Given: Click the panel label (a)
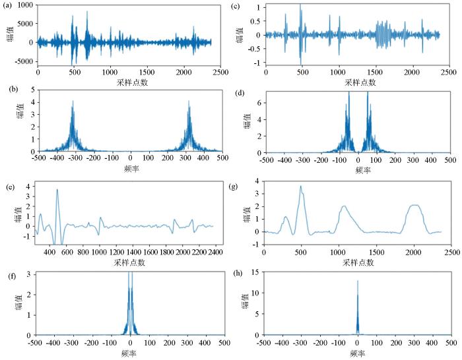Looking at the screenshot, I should tap(6, 5).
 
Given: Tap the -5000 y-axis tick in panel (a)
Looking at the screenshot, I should tap(24, 61).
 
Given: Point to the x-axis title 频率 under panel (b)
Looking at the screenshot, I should tap(131, 169).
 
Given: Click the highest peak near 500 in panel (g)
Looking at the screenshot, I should tap(301, 187).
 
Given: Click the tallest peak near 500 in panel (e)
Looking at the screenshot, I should tap(57, 190).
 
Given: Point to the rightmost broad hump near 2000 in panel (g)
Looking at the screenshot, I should tap(414, 206).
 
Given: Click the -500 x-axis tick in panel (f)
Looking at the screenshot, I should tap(38, 344).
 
